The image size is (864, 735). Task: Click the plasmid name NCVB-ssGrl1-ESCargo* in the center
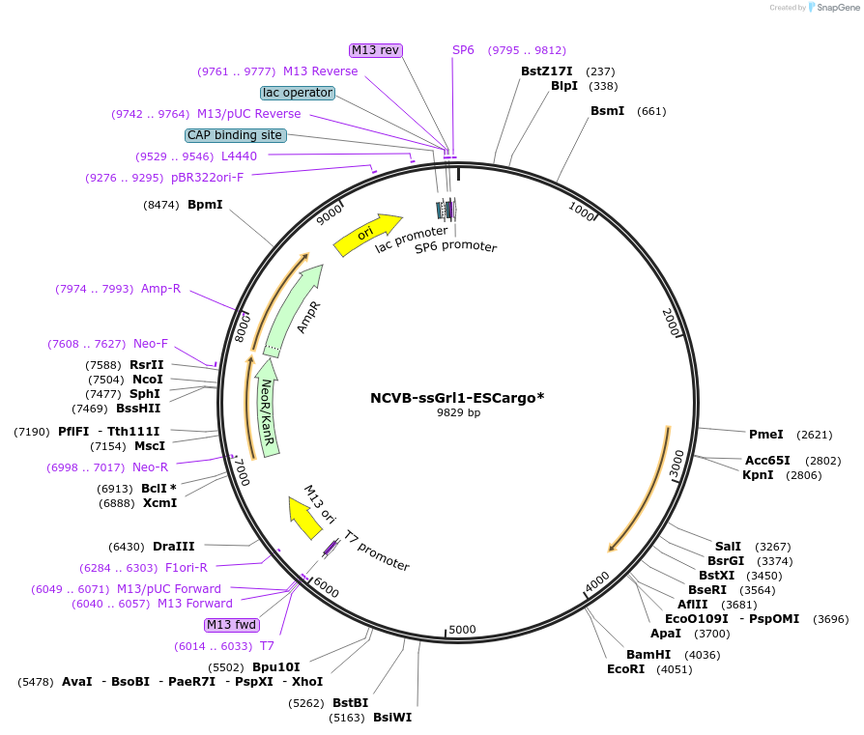coord(457,398)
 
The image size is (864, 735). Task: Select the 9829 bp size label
coord(458,412)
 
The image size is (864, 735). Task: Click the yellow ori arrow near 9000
coord(368,235)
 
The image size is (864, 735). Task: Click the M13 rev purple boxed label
coord(376,50)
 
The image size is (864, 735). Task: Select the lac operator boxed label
coord(298,93)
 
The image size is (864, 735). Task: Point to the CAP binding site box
coord(235,135)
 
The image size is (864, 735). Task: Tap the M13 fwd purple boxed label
coord(232,625)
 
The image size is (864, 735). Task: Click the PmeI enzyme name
coord(765,435)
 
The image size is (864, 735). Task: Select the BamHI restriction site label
coord(647,655)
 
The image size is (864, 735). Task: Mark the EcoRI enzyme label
coord(625,669)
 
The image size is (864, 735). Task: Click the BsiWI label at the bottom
coord(392,718)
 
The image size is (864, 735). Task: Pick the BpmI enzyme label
coord(205,205)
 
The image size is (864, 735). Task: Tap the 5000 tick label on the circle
coord(463,630)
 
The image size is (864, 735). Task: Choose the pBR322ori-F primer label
coord(207,178)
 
